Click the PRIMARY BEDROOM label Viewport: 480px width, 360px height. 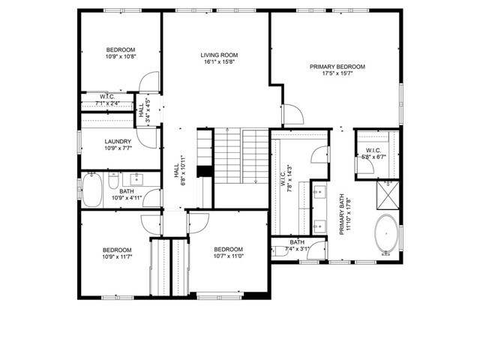(x=337, y=67)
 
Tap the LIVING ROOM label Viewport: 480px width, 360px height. (x=218, y=55)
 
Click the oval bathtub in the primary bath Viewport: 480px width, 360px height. (x=386, y=232)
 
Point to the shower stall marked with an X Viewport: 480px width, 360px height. (x=388, y=195)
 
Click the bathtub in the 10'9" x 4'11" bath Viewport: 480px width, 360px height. (x=91, y=190)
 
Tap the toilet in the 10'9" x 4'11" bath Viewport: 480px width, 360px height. (x=111, y=183)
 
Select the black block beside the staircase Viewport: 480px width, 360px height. (x=202, y=171)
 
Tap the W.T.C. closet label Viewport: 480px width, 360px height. (x=107, y=97)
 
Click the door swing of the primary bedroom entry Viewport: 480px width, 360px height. (x=293, y=115)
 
